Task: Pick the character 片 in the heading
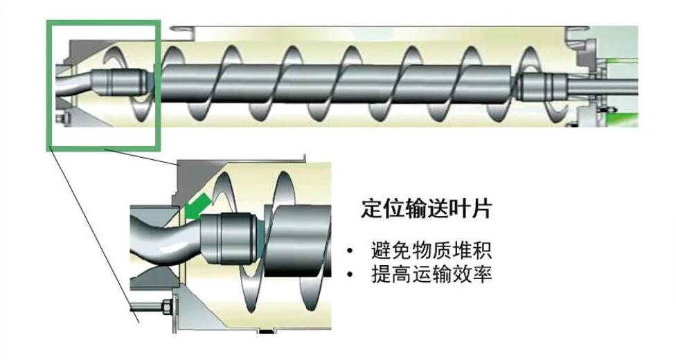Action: coord(479,208)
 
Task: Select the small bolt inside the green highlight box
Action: coord(60,123)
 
